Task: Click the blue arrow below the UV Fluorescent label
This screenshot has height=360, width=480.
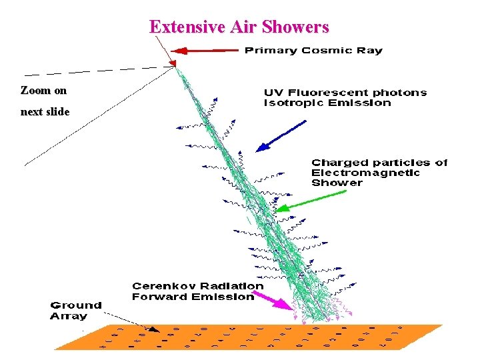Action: coord(280,136)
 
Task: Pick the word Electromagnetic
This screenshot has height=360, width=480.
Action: coord(365,173)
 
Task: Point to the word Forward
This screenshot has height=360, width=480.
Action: coord(159,297)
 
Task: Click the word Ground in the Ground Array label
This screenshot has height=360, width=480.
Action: coord(76,306)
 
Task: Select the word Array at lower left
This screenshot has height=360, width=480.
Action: coord(69,316)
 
